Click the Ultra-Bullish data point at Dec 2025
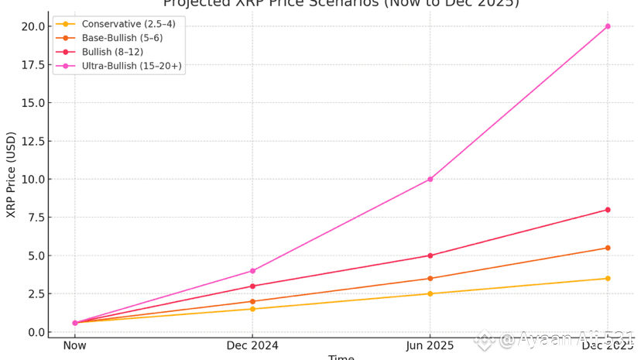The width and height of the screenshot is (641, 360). tap(608, 26)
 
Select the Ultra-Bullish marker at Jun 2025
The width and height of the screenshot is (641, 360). tap(430, 179)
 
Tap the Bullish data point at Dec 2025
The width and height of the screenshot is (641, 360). tap(608, 210)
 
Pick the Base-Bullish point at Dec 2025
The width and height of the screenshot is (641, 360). tap(608, 248)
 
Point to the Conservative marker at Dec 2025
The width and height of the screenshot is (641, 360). tap(608, 279)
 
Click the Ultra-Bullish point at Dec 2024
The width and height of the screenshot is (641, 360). tap(252, 271)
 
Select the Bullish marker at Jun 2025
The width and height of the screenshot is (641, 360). tap(430, 255)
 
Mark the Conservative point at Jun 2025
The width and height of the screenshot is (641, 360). tap(430, 293)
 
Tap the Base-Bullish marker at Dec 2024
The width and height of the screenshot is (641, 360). tap(252, 301)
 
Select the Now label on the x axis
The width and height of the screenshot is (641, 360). tap(75, 345)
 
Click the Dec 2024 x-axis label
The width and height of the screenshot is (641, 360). tap(252, 345)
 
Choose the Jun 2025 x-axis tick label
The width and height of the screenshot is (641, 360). tap(430, 345)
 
